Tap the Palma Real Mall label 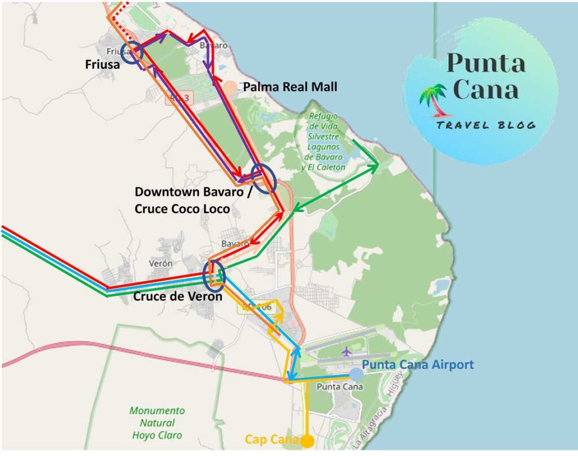pos(290,87)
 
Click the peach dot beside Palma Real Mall pos(230,87)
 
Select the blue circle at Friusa pos(131,53)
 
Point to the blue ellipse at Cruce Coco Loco pos(264,178)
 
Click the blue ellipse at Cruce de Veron pos(214,275)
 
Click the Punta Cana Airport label pos(418,365)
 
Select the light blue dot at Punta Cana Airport pos(356,374)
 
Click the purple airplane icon pos(346,352)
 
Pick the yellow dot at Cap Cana pos(307,441)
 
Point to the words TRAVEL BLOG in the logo pos(485,125)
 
